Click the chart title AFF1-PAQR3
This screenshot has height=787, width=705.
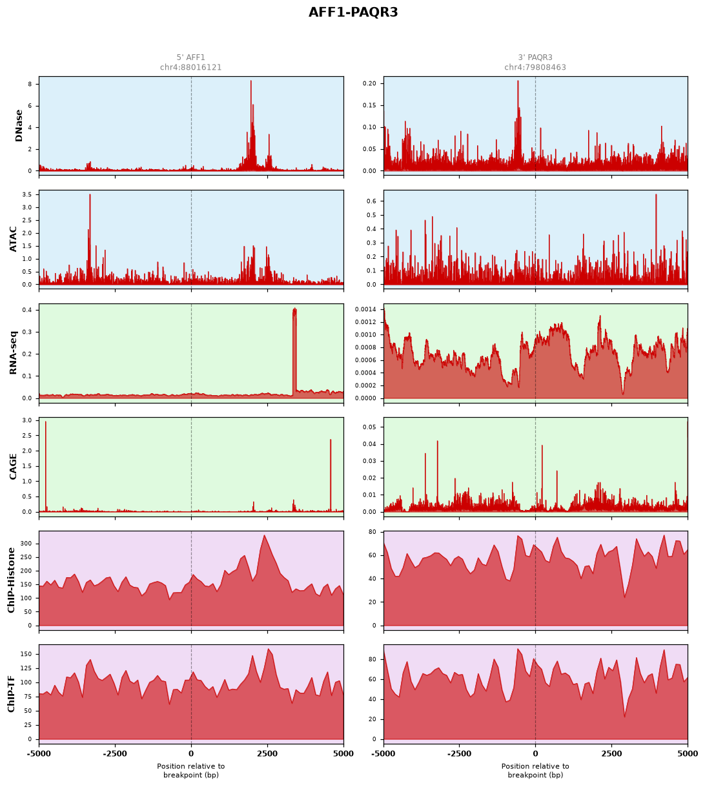point(352,12)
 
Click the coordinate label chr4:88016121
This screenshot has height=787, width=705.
point(190,67)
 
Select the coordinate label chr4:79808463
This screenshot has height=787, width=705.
point(535,67)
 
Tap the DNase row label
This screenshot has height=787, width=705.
point(19,125)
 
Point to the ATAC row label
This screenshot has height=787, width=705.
point(13,239)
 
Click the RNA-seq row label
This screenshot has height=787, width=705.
point(13,353)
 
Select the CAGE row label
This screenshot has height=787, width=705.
point(13,466)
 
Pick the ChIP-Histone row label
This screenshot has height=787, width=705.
point(11,580)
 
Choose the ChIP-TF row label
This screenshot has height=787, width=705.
point(11,694)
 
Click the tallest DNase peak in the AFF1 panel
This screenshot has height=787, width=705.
point(251,81)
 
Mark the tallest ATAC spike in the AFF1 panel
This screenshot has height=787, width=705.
point(90,195)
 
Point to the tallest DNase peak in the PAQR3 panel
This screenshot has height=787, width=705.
point(518,81)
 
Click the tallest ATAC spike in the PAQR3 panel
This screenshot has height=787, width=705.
point(656,195)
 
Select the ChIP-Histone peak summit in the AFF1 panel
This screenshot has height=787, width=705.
point(264,535)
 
